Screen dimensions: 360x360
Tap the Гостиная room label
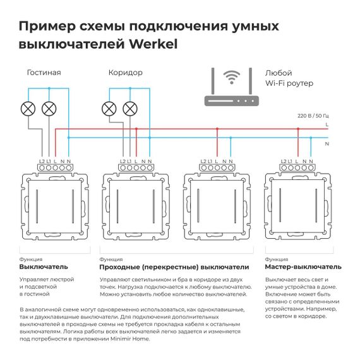(44, 73)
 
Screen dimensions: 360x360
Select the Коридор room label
(125, 73)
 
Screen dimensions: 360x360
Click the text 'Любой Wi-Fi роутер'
(289, 78)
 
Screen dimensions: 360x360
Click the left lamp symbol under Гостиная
(28, 108)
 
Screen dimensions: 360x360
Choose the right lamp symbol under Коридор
(130, 108)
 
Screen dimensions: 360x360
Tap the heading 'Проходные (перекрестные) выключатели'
(174, 267)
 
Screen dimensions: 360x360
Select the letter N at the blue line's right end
(327, 144)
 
